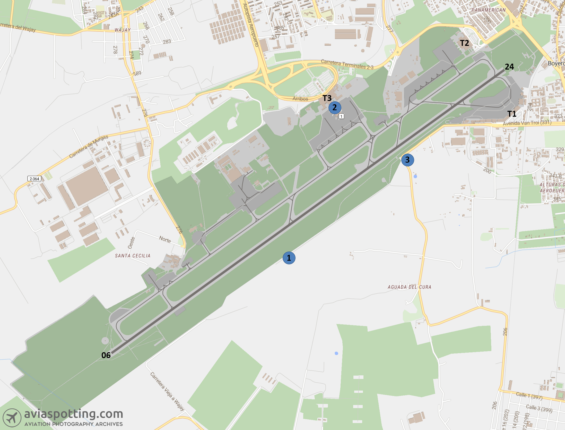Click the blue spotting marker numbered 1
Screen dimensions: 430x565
click(x=289, y=258)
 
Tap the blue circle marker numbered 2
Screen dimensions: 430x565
click(x=335, y=108)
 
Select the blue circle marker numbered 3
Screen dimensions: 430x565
click(x=407, y=160)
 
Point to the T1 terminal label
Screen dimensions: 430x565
click(x=512, y=114)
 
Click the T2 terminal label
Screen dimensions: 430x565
click(x=464, y=43)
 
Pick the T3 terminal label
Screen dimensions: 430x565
click(x=327, y=98)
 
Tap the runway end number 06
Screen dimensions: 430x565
click(x=106, y=355)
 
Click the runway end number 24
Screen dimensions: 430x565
click(x=509, y=67)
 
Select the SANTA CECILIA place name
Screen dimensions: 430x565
click(x=133, y=256)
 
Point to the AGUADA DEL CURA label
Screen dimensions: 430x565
click(x=409, y=287)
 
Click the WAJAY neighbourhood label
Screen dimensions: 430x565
click(x=123, y=30)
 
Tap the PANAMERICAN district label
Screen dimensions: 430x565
click(x=488, y=10)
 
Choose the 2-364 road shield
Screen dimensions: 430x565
click(x=34, y=179)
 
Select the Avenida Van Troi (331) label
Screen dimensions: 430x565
click(x=527, y=123)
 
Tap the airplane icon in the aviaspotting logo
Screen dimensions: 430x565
click(x=12, y=418)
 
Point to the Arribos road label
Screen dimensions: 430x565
click(x=300, y=99)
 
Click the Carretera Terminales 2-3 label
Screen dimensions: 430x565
click(x=347, y=64)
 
